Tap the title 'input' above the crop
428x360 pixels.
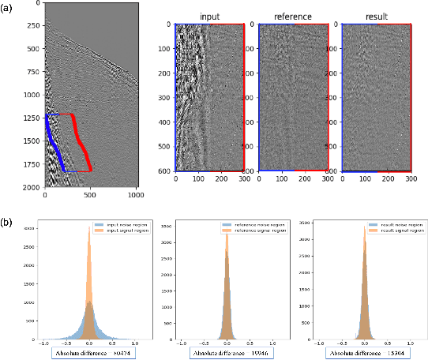pos(209,15)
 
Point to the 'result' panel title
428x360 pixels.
pos(376,15)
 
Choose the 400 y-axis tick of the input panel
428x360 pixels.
pos(164,122)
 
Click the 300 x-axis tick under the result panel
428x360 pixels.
pos(411,178)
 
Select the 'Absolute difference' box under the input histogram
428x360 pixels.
pos(92,354)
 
